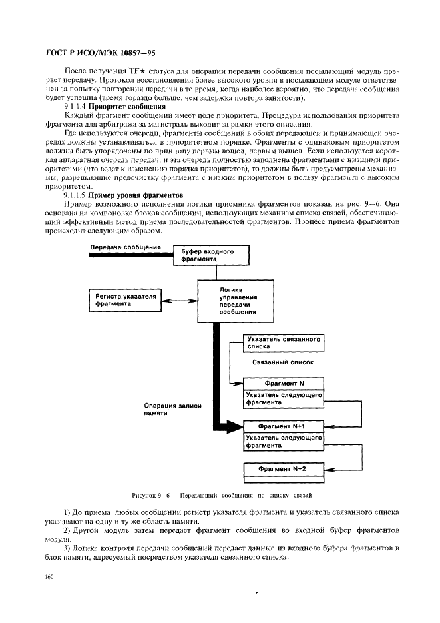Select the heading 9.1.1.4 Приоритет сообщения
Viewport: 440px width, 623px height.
[114, 106]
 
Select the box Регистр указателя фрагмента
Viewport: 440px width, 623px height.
[126, 300]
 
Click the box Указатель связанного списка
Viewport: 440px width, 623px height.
[283, 343]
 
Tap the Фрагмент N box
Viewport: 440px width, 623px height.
[284, 384]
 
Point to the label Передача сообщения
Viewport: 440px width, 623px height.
[126, 247]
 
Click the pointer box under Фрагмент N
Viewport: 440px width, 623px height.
[284, 398]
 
